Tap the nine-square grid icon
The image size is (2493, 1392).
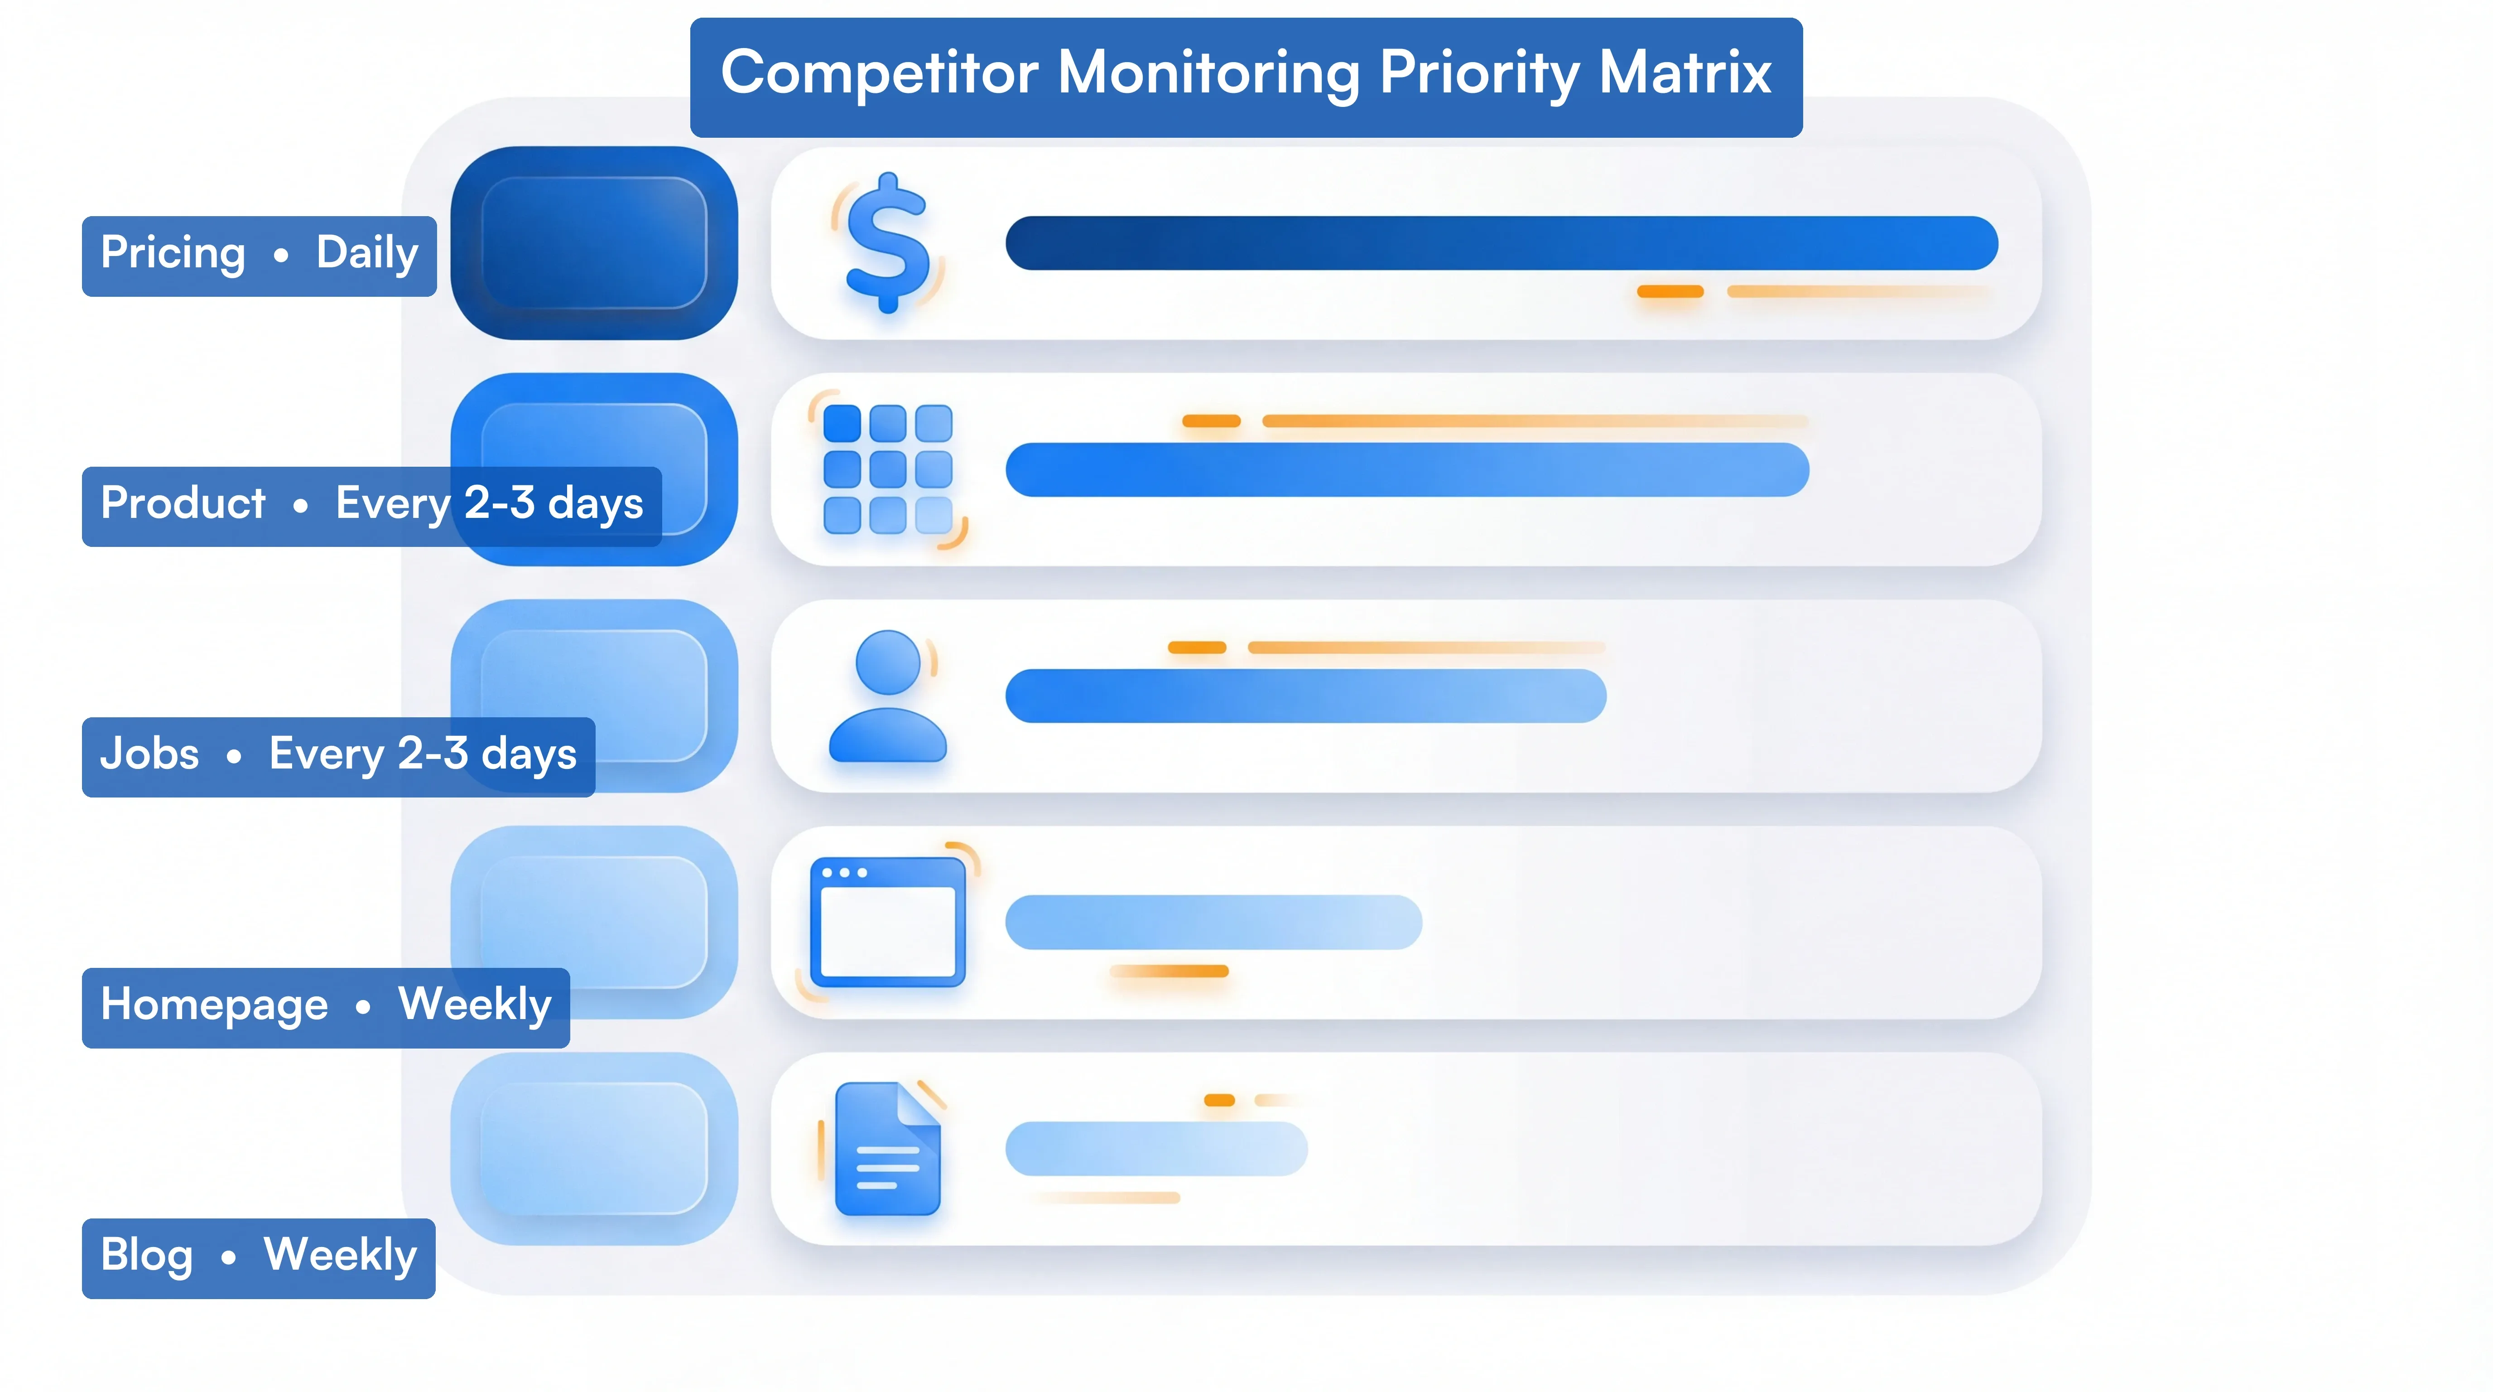click(887, 469)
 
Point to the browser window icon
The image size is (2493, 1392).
click(887, 922)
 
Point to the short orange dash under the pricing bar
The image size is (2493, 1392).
click(1670, 291)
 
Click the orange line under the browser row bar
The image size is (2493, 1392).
click(1169, 971)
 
